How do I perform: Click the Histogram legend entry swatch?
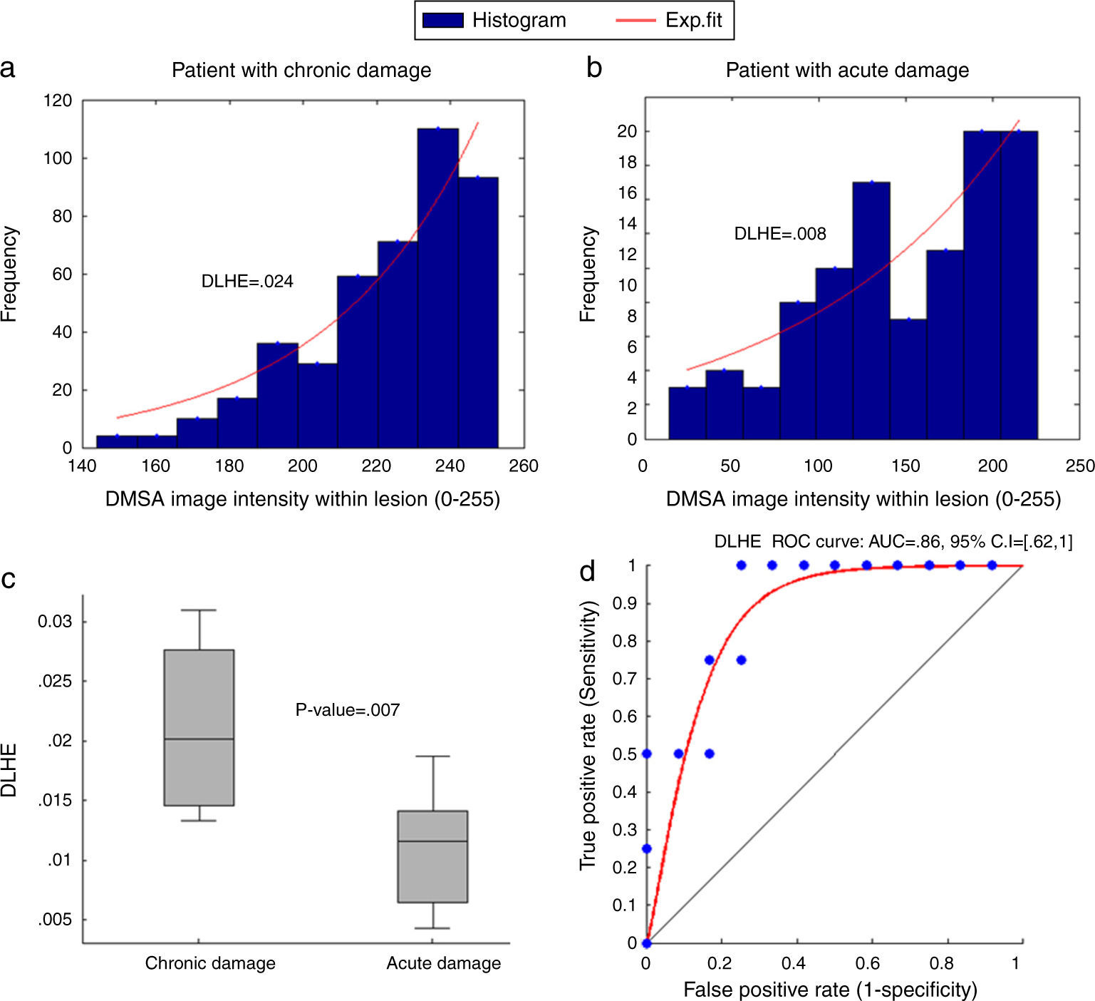(443, 21)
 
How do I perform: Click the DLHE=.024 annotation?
(247, 282)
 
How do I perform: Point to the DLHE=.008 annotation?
(780, 234)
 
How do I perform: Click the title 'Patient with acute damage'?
(847, 70)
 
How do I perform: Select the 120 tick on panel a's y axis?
(58, 101)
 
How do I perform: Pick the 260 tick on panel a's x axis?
(524, 466)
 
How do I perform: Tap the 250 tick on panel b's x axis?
(1080, 466)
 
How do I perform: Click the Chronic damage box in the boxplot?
(199, 727)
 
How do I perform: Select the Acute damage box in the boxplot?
(432, 856)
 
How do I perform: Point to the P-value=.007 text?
(348, 710)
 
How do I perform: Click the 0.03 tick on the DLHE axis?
(55, 622)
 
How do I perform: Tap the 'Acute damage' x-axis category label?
(443, 963)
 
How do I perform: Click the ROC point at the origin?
(646, 943)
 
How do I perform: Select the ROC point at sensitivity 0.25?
(646, 848)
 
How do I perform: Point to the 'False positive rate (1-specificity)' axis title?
(830, 990)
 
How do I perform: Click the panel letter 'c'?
(9, 578)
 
